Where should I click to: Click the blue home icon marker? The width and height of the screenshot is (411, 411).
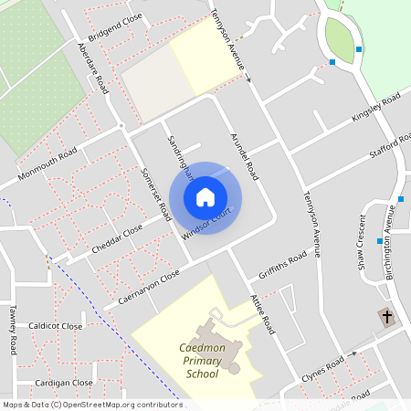point(205,196)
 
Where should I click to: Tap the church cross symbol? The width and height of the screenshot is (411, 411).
point(386,318)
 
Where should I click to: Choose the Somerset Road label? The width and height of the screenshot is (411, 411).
point(156,191)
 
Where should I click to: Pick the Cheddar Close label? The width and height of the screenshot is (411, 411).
point(118,239)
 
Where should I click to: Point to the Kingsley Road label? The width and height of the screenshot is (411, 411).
point(376,108)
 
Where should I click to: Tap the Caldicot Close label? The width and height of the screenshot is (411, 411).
point(56,326)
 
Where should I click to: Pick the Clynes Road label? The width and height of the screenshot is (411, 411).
point(324,370)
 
